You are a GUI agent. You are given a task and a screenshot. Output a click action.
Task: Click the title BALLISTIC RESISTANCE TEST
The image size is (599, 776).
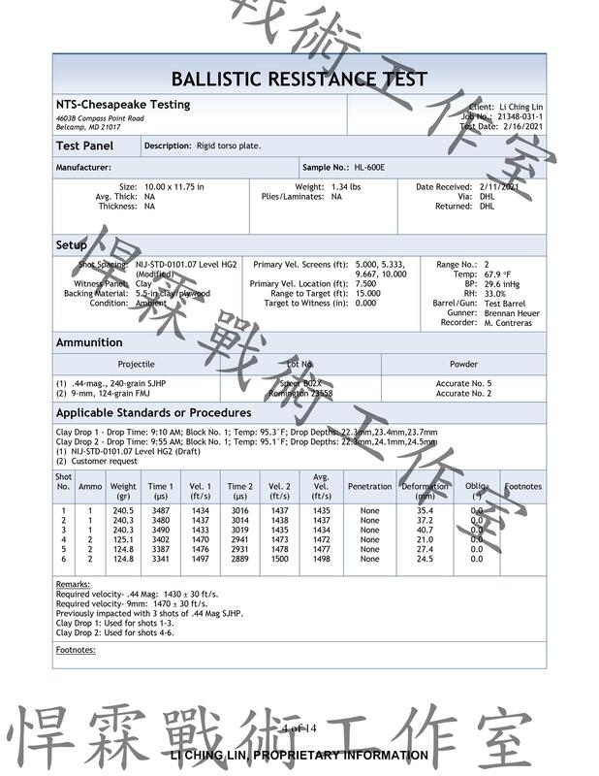299,79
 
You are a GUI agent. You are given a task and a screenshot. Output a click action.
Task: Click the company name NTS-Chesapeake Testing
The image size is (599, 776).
123,105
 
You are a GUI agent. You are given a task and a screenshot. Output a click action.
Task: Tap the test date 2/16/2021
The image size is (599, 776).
522,126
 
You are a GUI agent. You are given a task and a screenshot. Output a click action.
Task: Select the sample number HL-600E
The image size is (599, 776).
369,167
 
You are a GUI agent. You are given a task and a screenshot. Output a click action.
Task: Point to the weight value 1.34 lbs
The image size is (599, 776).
346,186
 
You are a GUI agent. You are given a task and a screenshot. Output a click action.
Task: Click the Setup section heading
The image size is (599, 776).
72,245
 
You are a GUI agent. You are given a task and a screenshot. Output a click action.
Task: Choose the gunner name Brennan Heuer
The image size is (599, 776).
512,313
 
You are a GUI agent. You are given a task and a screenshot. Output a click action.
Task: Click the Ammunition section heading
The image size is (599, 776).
89,342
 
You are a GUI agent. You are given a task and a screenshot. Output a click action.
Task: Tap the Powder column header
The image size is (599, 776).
463,364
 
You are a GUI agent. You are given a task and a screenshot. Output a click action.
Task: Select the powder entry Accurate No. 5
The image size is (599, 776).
463,384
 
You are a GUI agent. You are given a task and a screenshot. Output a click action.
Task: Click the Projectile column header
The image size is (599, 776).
136,364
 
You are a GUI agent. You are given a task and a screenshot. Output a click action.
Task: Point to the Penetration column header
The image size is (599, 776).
369,487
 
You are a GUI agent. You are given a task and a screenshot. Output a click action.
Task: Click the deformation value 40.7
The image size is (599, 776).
425,531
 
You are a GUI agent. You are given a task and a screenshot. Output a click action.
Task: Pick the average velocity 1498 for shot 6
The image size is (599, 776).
322,560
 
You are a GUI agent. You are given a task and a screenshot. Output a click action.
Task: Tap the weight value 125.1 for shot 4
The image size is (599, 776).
123,540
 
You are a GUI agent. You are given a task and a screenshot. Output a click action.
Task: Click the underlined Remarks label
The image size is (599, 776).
73,585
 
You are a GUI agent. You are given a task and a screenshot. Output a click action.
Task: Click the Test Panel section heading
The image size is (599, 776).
84,146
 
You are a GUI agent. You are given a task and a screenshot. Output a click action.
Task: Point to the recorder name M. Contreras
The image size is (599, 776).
508,323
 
